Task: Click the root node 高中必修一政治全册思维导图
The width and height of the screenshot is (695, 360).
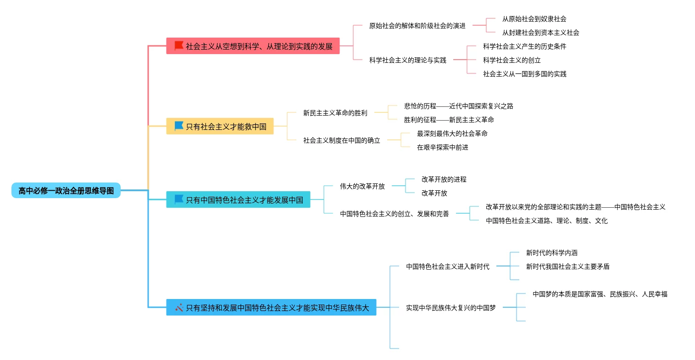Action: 66,190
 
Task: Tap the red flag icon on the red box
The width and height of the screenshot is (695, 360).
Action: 179,46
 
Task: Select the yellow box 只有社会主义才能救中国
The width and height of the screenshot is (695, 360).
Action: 220,126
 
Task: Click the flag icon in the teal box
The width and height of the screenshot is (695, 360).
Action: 179,199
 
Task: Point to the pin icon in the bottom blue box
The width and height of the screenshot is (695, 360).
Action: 179,307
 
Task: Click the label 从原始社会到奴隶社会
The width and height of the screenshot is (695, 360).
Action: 534,19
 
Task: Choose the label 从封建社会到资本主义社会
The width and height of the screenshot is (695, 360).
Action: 540,33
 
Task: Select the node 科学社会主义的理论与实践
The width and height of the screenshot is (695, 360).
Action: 408,60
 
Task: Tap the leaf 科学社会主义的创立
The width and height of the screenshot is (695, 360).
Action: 512,60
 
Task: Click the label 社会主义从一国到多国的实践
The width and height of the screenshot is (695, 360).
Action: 525,74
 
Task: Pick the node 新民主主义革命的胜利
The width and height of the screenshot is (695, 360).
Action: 335,113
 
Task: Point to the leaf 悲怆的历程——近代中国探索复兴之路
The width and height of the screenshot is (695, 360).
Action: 459,106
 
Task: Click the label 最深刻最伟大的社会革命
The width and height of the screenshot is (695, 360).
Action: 452,133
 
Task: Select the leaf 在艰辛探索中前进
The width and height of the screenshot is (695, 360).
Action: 442,147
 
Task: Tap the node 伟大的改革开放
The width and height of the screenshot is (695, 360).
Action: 362,186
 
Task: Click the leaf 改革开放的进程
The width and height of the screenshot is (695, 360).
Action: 444,179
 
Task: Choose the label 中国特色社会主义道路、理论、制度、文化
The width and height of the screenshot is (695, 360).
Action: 547,221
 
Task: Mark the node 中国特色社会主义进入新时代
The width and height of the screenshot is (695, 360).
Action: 448,266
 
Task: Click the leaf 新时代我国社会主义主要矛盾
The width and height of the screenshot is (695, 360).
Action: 568,266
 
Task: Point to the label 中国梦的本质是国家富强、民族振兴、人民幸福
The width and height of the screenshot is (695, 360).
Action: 600,294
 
